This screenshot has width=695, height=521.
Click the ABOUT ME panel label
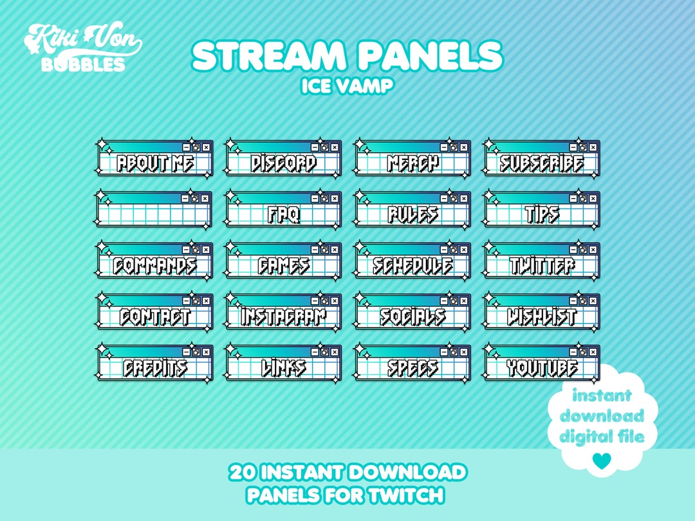coord(155,163)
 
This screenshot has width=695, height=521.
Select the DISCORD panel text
coord(284,163)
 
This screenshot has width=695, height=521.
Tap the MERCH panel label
coord(413,163)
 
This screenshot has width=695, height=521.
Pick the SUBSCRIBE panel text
coord(542,163)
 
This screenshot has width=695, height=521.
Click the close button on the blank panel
coord(205,199)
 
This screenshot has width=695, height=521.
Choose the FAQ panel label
coord(284,214)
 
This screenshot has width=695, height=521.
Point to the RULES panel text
coord(413,214)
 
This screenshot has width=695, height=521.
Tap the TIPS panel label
coord(542,214)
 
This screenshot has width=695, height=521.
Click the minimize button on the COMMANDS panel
coord(186,250)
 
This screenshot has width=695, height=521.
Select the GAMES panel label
coord(284,265)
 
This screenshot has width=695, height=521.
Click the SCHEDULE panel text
coord(413,265)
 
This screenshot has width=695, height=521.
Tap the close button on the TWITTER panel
coord(593,250)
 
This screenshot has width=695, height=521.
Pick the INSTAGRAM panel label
coord(284,316)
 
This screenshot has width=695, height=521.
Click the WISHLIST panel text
coord(542,316)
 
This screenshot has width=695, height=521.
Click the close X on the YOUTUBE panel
coord(593,351)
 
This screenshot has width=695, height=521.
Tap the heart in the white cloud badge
coord(602,459)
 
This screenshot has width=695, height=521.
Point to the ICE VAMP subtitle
coord(347,86)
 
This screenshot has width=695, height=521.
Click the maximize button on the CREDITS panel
coord(196,351)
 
